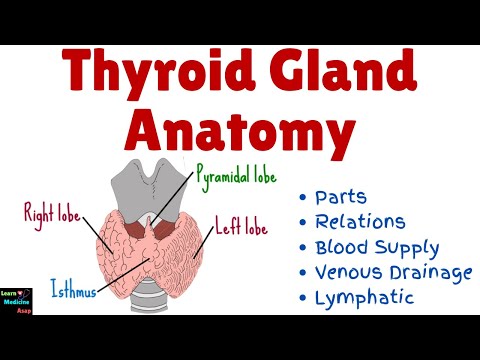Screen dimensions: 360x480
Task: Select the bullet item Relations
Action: pyautogui.click(x=360, y=221)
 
